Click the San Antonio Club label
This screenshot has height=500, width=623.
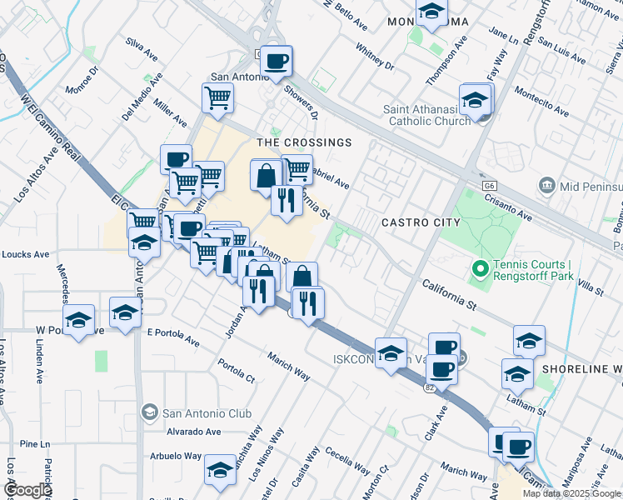coord(193,412)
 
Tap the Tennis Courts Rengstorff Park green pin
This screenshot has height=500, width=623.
coord(480,269)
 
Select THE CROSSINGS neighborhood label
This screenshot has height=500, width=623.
coord(304,142)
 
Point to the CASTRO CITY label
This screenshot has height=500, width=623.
coord(421,222)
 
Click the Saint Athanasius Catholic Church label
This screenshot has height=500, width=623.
coord(426,115)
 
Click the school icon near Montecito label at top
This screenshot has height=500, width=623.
coord(431,12)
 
